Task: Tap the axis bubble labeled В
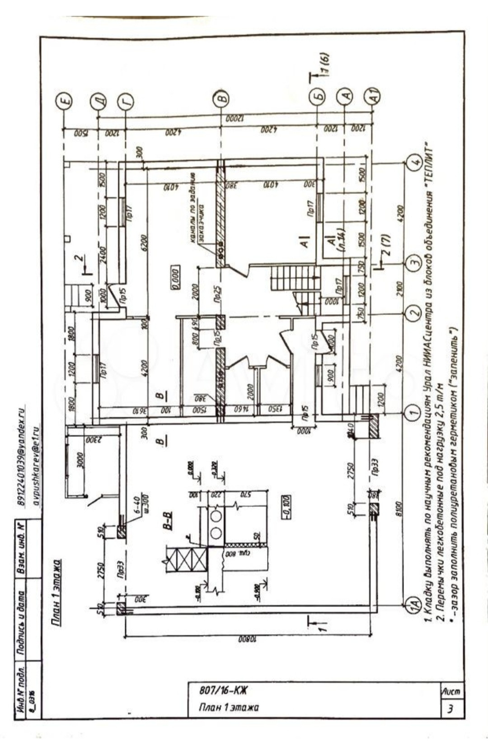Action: [x=221, y=98]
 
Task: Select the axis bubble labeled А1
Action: [x=373, y=95]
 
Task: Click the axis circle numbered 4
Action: [x=415, y=162]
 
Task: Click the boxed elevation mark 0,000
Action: [x=175, y=277]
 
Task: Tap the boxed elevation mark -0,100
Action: [x=286, y=507]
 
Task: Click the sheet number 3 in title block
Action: [x=450, y=709]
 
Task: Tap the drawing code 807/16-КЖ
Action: [x=223, y=690]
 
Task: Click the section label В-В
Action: [x=167, y=520]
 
